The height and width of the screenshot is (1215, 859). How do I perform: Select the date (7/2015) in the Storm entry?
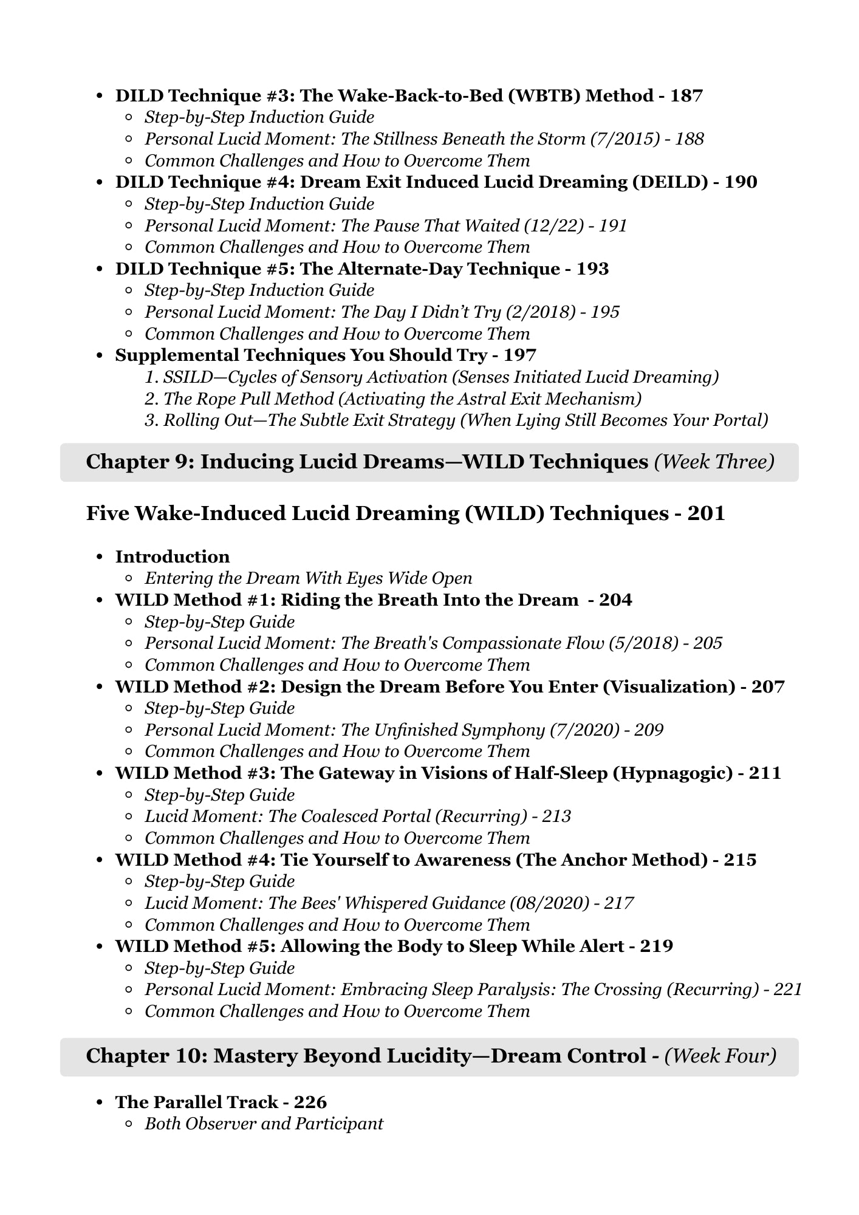[x=625, y=139]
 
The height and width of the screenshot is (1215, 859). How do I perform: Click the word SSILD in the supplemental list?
[x=186, y=377]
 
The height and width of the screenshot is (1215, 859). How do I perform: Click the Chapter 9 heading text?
[x=367, y=462]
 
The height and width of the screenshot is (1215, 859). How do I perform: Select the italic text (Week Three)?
[x=714, y=462]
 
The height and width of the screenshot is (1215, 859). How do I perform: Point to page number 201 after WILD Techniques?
[x=707, y=514]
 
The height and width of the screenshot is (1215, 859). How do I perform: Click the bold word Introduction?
[x=173, y=557]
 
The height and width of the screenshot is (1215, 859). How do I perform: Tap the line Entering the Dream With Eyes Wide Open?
[x=308, y=578]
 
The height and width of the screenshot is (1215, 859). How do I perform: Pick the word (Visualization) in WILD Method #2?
[x=669, y=687]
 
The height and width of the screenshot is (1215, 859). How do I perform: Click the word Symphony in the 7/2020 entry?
[x=504, y=730]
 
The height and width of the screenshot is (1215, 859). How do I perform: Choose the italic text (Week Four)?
[x=720, y=1056]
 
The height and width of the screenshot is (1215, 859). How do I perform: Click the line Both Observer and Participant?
[x=264, y=1124]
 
